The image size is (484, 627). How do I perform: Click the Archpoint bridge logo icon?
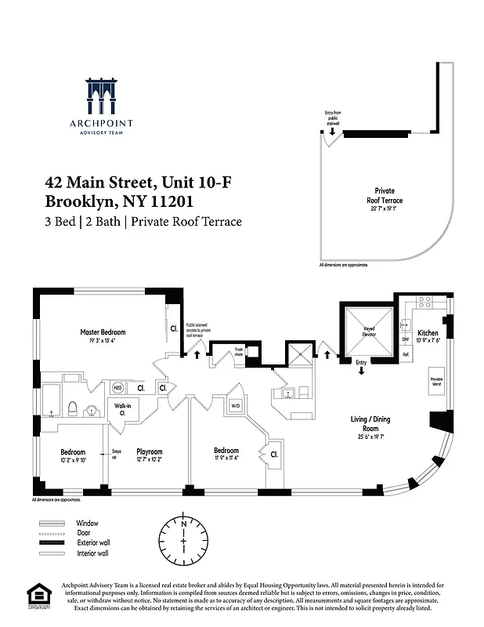tap(110, 97)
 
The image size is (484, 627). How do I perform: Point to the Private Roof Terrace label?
tap(385, 196)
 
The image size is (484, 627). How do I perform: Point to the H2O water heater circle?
tap(117, 388)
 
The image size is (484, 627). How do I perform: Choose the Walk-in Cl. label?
tap(122, 408)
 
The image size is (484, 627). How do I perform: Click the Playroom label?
tap(149, 452)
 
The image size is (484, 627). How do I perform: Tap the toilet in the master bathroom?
tap(72, 408)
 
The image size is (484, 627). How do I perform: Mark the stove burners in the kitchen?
tap(427, 300)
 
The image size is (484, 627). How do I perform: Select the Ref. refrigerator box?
tap(406, 355)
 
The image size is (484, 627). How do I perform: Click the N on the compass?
tap(183, 522)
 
